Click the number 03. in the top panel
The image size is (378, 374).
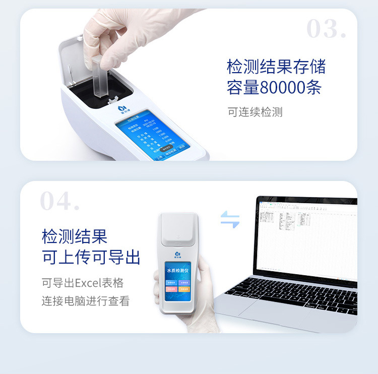click(x=326, y=29)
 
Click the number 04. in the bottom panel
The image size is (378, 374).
click(x=59, y=201)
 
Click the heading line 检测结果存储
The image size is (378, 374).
click(x=276, y=67)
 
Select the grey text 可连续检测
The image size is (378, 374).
click(x=255, y=112)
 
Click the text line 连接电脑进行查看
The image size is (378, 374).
click(x=85, y=301)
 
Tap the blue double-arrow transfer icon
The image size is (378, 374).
click(x=230, y=219)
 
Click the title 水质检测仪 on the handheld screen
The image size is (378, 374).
click(x=177, y=271)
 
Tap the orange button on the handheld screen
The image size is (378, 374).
click(x=184, y=289)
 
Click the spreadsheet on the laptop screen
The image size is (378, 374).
click(x=307, y=237)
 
